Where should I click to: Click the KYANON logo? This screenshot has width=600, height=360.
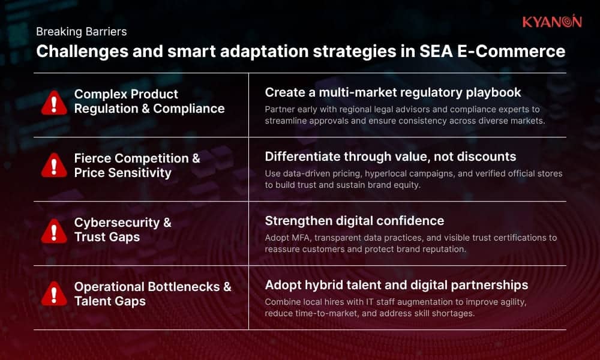(x=551, y=22)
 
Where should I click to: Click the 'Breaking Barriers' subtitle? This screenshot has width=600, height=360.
(x=81, y=31)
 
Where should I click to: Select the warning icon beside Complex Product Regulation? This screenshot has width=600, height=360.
(x=54, y=103)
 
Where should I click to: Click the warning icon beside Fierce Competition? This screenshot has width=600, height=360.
(x=54, y=166)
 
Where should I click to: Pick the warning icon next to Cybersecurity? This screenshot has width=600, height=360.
(x=54, y=230)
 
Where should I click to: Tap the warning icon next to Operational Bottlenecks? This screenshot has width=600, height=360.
(x=54, y=294)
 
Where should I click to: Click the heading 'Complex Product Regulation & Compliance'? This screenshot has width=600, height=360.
(x=149, y=101)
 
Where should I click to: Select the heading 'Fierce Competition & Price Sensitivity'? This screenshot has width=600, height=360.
(x=137, y=166)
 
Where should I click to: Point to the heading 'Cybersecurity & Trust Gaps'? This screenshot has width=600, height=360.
(x=122, y=230)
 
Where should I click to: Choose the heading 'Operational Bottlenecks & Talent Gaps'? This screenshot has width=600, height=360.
(x=152, y=294)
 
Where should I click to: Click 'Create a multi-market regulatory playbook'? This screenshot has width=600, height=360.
(x=393, y=92)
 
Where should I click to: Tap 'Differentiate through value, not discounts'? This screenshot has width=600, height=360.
(x=391, y=157)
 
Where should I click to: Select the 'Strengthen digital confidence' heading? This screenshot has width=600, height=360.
(x=355, y=221)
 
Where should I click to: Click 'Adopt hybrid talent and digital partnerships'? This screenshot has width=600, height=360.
(x=397, y=284)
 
